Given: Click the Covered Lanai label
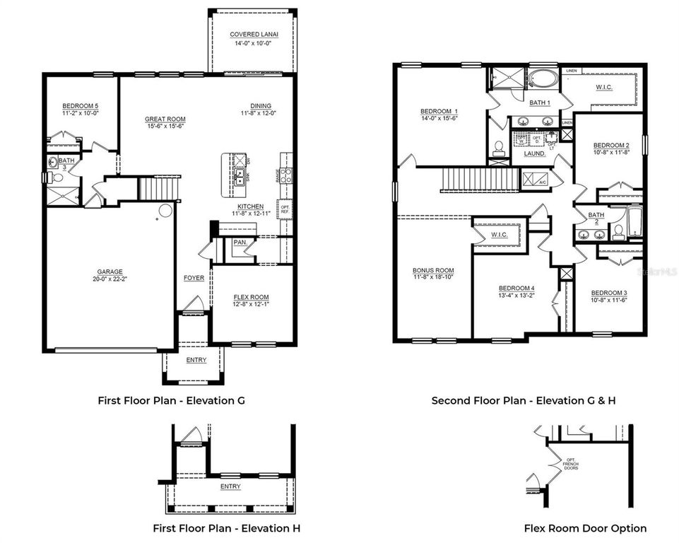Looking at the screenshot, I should (252, 35).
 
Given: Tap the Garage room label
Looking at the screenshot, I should (110, 271).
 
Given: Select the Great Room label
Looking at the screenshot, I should (165, 119).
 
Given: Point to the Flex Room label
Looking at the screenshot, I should (251, 297).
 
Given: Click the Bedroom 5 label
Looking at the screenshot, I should (80, 107).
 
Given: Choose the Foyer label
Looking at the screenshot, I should (194, 278).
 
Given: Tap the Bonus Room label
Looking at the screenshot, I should (433, 271).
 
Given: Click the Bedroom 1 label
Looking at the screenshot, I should (439, 112).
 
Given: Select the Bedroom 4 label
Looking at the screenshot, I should (516, 288).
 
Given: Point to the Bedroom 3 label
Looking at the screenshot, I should (608, 293).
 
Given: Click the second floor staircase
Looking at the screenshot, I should (466, 180).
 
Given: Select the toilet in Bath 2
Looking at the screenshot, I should (618, 230).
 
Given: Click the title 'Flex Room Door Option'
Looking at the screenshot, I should (584, 528).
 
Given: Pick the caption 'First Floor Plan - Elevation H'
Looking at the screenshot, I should (221, 528).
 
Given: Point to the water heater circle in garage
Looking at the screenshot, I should (165, 210).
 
